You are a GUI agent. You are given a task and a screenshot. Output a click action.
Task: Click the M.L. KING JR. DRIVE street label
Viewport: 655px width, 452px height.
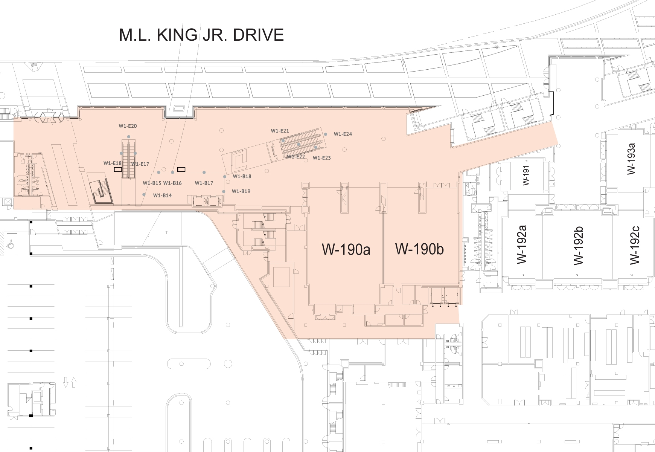pyautogui.click(x=201, y=35)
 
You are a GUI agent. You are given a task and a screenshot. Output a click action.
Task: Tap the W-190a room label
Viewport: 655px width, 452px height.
pyautogui.click(x=346, y=249)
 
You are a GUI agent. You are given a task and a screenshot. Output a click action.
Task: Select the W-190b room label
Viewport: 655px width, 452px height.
pyautogui.click(x=419, y=249)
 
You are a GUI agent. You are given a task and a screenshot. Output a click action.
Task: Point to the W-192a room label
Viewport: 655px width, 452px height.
pyautogui.click(x=521, y=244)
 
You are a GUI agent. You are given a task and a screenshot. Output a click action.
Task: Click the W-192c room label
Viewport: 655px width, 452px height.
pyautogui.click(x=634, y=246)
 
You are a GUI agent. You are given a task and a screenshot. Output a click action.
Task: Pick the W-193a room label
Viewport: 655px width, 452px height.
pyautogui.click(x=631, y=159)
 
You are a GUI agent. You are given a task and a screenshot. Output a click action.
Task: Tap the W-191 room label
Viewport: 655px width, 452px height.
pyautogui.click(x=526, y=175)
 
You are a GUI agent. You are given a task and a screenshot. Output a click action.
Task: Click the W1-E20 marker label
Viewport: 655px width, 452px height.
pyautogui.click(x=128, y=126)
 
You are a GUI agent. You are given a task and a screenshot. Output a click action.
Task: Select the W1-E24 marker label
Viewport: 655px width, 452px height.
pyautogui.click(x=343, y=134)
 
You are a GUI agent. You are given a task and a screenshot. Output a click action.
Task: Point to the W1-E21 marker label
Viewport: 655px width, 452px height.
pyautogui.click(x=280, y=131)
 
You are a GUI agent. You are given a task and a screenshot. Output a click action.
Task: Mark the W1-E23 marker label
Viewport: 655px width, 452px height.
pyautogui.click(x=322, y=158)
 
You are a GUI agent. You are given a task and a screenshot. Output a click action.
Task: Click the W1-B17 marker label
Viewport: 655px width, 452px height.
pyautogui.click(x=204, y=183)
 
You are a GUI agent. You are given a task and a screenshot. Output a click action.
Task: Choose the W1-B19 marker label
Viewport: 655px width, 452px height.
pyautogui.click(x=241, y=191)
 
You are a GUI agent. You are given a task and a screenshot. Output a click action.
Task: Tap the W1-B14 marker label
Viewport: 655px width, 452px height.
pyautogui.click(x=163, y=195)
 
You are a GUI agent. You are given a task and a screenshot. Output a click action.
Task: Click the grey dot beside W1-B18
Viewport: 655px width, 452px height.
pyautogui.click(x=225, y=177)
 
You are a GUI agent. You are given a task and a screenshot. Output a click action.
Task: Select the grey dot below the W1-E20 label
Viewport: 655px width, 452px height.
pyautogui.click(x=129, y=137)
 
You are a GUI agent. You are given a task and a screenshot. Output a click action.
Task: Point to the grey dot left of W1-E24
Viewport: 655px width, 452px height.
pyautogui.click(x=326, y=134)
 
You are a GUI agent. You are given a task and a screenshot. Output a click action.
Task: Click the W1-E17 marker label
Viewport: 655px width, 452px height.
pyautogui.click(x=140, y=164)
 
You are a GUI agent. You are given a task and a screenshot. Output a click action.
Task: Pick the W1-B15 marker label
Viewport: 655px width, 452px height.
pyautogui.click(x=152, y=183)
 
